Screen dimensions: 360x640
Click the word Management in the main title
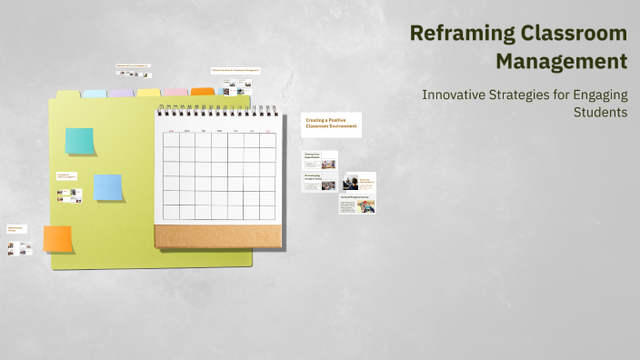(x=561, y=62)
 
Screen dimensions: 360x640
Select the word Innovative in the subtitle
(x=457, y=95)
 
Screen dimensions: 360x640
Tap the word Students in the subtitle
(x=600, y=112)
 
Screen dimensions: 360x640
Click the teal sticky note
(x=79, y=141)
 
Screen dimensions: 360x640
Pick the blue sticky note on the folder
(x=108, y=187)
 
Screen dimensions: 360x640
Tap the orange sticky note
(x=57, y=239)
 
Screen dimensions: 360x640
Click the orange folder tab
(x=203, y=92)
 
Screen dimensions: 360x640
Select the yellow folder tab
(x=148, y=93)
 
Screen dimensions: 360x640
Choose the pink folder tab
(x=175, y=93)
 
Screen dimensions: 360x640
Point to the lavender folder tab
(x=121, y=93)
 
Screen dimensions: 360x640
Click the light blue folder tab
(x=95, y=93)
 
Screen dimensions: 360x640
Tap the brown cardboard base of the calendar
(x=215, y=236)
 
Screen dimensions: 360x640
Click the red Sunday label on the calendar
(x=170, y=131)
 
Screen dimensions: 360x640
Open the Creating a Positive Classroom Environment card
(x=331, y=125)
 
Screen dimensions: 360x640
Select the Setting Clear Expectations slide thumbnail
(x=320, y=160)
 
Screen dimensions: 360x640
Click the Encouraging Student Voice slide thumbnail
(x=319, y=182)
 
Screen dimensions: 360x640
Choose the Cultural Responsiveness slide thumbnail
(x=357, y=205)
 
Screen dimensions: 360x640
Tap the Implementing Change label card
(x=16, y=229)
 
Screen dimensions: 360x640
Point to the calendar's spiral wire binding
(x=215, y=110)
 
